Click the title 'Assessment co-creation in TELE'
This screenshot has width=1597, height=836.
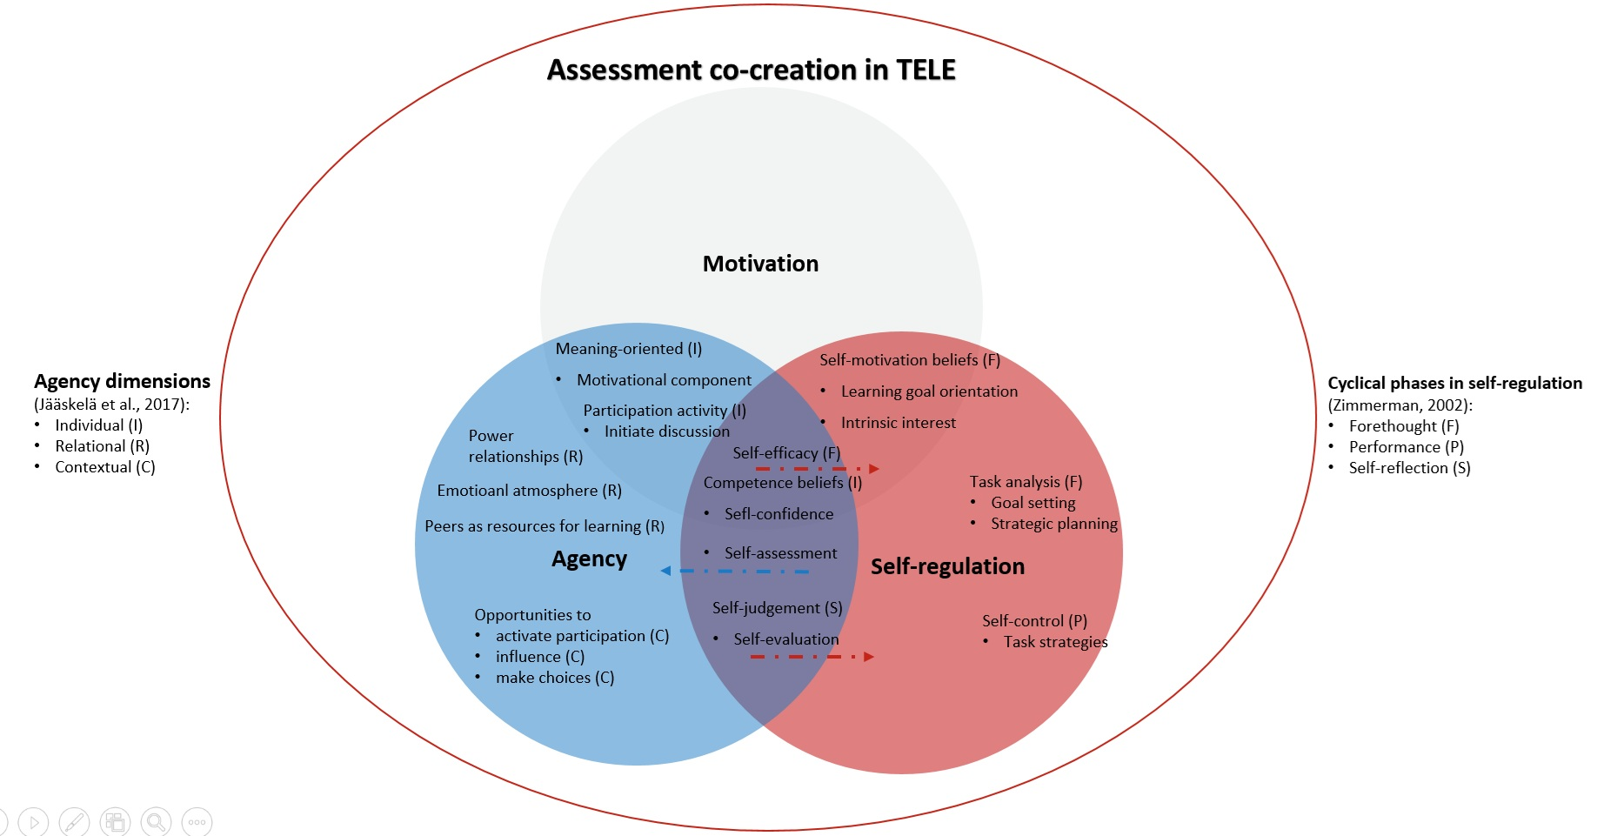(x=751, y=70)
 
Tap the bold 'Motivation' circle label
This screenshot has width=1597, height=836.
(x=760, y=264)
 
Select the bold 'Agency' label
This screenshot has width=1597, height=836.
(x=589, y=559)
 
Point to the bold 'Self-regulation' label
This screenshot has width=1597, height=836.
(x=947, y=566)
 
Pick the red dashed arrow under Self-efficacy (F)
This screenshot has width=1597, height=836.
(x=817, y=469)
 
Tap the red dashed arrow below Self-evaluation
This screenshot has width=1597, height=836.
(x=812, y=657)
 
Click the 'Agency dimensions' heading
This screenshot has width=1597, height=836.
(x=122, y=381)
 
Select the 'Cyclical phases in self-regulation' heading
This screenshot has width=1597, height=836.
(x=1454, y=383)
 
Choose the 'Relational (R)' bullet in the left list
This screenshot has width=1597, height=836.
(x=102, y=446)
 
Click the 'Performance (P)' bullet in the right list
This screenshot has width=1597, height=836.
(x=1406, y=447)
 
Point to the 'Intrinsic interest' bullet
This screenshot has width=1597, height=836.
(x=898, y=423)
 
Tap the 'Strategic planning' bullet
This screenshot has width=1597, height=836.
(x=1053, y=524)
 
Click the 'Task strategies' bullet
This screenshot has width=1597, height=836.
(x=1055, y=642)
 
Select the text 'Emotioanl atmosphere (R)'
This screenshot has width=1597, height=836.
(x=529, y=491)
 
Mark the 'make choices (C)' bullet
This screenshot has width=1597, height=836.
(x=554, y=678)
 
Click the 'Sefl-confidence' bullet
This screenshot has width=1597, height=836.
(x=778, y=514)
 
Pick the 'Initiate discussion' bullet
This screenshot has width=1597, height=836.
(x=666, y=431)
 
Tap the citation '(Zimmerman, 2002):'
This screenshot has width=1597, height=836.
(x=1400, y=405)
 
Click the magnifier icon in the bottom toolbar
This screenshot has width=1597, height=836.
(x=156, y=821)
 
